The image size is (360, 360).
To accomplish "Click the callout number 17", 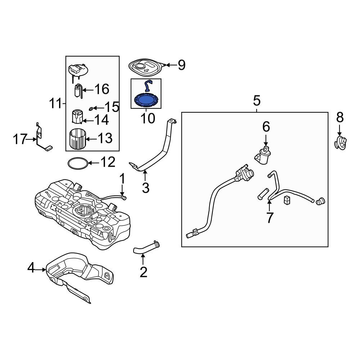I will pyautogui.click(x=21, y=139).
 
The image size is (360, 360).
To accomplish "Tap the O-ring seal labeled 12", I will pyautogui.click(x=77, y=163).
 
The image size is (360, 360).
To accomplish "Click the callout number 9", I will pyautogui.click(x=181, y=65).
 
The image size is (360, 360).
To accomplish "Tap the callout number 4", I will pyautogui.click(x=32, y=267).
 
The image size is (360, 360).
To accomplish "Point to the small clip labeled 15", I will pyautogui.click(x=91, y=108).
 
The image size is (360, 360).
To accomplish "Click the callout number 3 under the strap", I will pyautogui.click(x=145, y=188).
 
